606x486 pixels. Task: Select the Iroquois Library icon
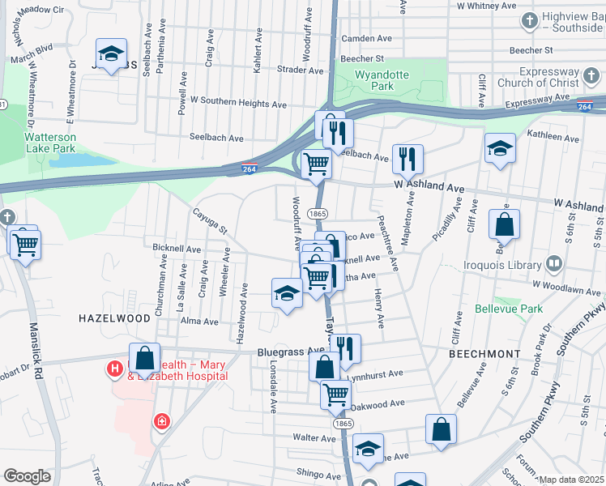click(x=554, y=263)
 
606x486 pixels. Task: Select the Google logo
click(x=27, y=476)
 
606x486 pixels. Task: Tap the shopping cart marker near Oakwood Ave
click(x=335, y=394)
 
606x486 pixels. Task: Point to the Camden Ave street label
click(x=366, y=38)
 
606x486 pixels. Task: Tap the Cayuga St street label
click(x=209, y=219)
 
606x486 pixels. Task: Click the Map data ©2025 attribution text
click(x=570, y=480)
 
